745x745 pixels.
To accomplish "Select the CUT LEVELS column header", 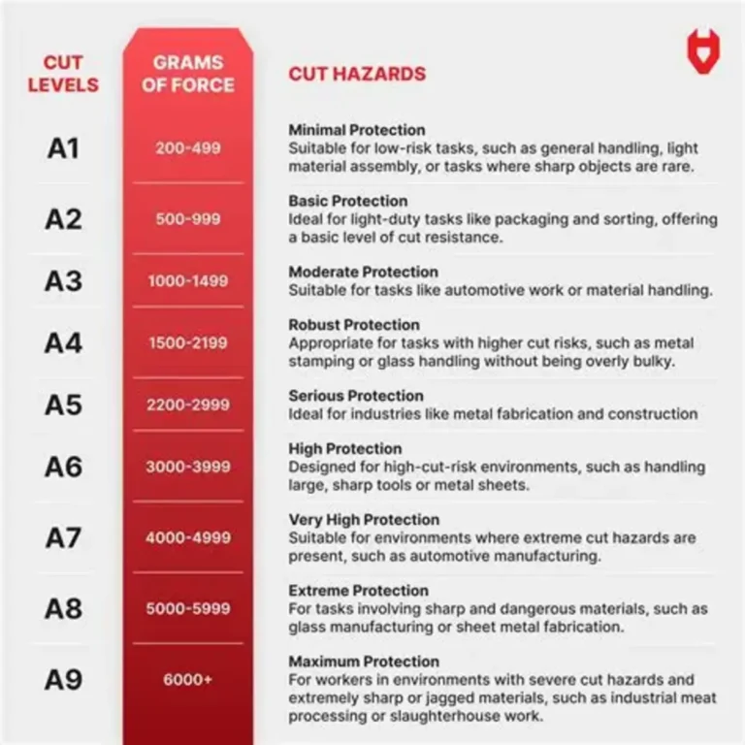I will tap(63, 73).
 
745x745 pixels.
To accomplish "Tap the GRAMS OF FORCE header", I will tap(187, 73).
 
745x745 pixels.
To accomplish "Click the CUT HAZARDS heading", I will tap(357, 74).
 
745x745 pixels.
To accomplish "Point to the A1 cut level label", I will tap(63, 148).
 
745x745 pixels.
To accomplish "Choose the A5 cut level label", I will tap(63, 404).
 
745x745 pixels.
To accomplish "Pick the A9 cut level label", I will tap(63, 679).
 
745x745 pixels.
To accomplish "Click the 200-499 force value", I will tap(188, 148).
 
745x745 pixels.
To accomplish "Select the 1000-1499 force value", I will tap(188, 281).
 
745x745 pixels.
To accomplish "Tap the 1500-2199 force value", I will tap(188, 342).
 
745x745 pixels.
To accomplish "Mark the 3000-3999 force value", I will tap(188, 467).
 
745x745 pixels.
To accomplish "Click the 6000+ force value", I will tap(188, 679).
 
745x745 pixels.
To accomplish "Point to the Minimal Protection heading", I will tap(357, 130).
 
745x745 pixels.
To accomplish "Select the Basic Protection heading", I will tap(348, 201).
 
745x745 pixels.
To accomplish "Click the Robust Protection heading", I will tap(354, 325).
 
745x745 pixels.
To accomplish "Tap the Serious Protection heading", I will tap(356, 396).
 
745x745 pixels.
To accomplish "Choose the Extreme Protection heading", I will tap(357, 591).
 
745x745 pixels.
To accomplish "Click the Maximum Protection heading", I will tap(364, 662).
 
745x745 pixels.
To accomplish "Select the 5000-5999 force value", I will tap(188, 608).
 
